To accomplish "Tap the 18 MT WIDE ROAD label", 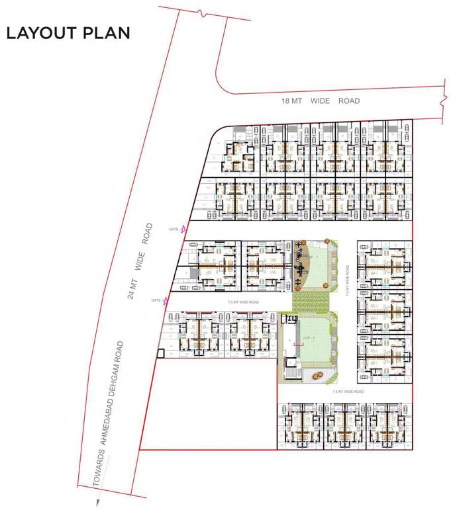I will pos(321,101).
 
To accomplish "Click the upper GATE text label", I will pos(174,229).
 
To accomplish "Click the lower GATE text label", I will pos(156,300).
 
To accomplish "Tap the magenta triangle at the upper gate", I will pos(183,229).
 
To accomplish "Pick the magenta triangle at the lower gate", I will pos(166,300).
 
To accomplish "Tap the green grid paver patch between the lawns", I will pos(311,302).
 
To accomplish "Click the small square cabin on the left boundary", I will pos(160,353).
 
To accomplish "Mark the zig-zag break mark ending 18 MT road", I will pos(442,104).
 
